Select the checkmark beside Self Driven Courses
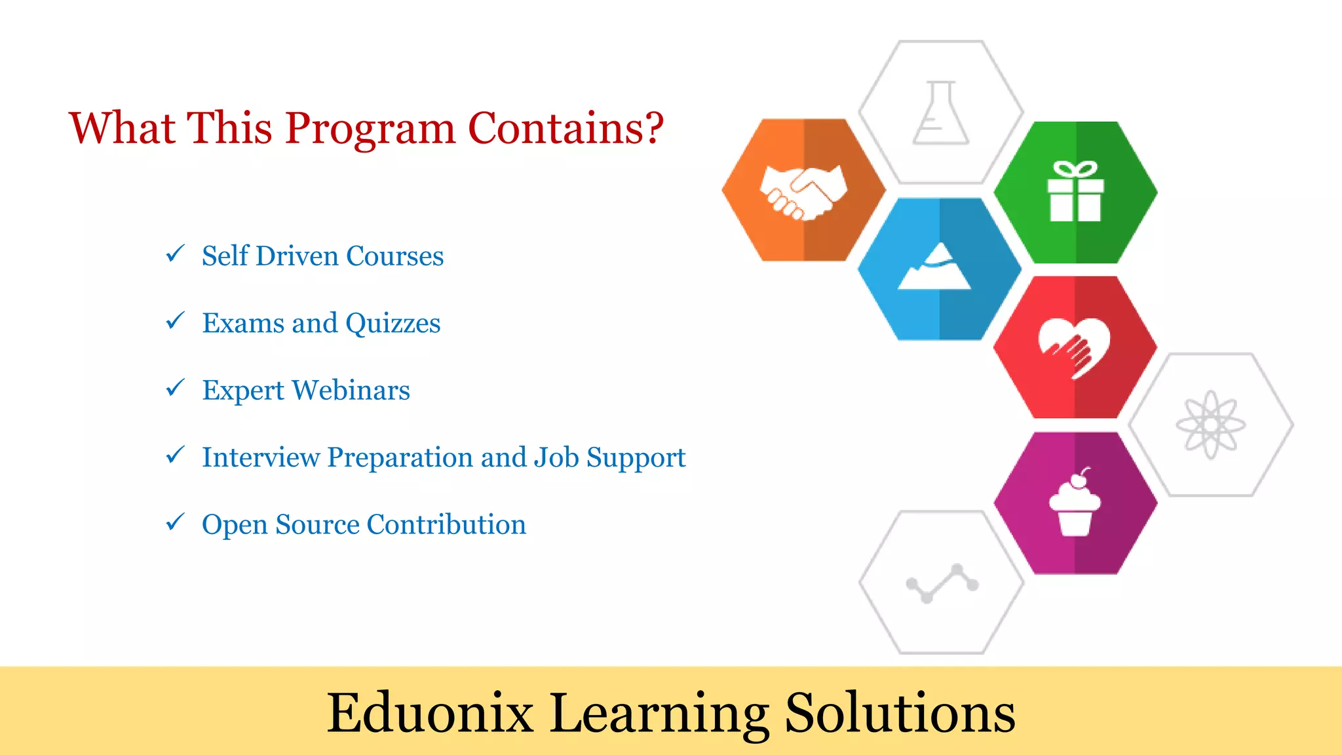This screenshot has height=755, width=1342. pos(175,254)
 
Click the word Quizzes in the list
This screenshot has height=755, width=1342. pos(393,323)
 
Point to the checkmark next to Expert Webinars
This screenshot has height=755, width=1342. pos(175,388)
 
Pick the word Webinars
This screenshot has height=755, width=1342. pos(351,390)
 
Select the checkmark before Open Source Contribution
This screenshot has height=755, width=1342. pos(175,522)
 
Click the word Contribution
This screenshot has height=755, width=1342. pos(446,524)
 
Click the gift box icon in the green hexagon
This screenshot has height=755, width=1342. pos(1075,192)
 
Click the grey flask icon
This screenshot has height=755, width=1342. pos(941,113)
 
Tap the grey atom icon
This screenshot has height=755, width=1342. pos(1210,425)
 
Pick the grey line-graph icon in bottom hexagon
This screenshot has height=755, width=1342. pos(942,583)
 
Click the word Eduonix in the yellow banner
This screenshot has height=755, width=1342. pos(430,712)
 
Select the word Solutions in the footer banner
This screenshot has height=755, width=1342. pos(900,712)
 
